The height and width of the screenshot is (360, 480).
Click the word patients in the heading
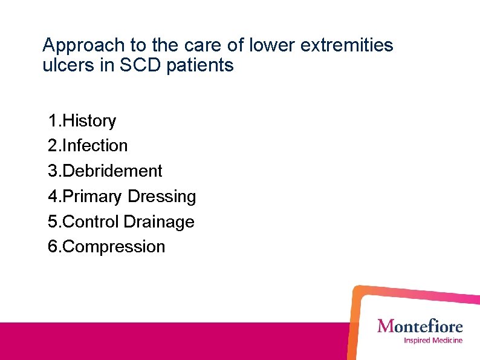click(204, 65)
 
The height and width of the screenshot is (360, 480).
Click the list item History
click(89, 121)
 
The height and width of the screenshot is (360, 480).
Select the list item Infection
click(95, 146)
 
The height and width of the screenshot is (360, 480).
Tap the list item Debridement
click(112, 171)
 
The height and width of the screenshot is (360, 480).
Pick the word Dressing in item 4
click(163, 197)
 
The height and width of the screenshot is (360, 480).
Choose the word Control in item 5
click(91, 222)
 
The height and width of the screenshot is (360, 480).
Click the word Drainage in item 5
click(159, 222)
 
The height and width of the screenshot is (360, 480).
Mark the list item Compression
click(114, 247)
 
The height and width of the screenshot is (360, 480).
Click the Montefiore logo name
click(420, 327)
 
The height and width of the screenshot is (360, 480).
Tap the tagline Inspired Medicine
click(433, 341)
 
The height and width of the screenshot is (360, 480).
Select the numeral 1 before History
click(53, 121)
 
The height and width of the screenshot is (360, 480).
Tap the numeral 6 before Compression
click(53, 247)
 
